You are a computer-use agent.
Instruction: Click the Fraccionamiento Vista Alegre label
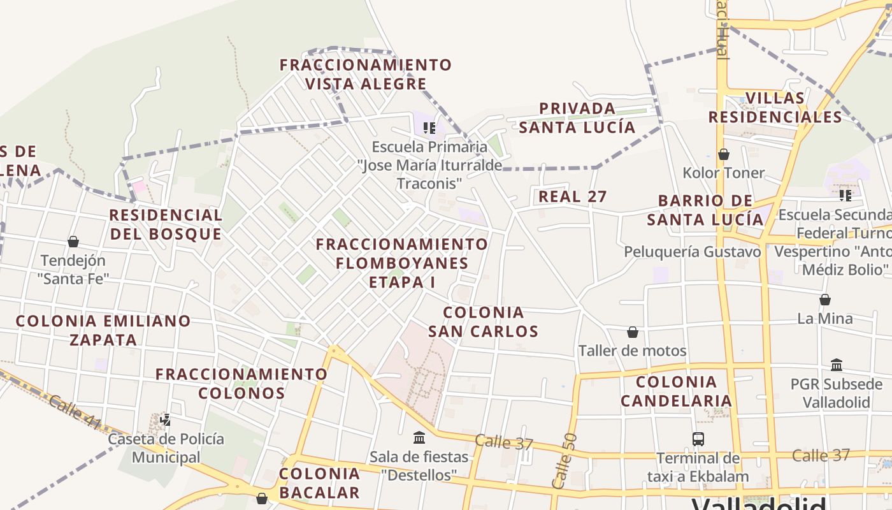click(366, 74)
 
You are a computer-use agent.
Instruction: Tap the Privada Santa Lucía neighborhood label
click(577, 118)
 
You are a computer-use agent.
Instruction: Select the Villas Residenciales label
click(775, 108)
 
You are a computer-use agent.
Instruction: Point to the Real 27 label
click(573, 196)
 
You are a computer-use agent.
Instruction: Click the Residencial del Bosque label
click(166, 224)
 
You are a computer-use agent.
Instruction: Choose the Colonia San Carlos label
click(483, 322)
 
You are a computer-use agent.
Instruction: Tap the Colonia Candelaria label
click(676, 391)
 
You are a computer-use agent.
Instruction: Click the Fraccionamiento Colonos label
click(241, 383)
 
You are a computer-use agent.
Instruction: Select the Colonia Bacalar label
click(319, 483)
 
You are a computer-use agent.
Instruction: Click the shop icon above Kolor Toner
click(724, 154)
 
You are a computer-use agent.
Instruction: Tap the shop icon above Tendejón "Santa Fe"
click(73, 242)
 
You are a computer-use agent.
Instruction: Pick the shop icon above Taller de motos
click(633, 332)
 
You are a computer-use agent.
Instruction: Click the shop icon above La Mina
click(825, 300)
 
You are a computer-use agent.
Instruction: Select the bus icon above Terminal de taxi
click(698, 439)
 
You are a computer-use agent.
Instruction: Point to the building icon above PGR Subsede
click(837, 365)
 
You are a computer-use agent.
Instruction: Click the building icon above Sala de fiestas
click(419, 438)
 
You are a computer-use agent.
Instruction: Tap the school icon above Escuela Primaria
click(429, 128)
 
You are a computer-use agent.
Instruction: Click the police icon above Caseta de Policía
click(166, 419)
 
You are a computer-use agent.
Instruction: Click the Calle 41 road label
click(74, 412)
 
